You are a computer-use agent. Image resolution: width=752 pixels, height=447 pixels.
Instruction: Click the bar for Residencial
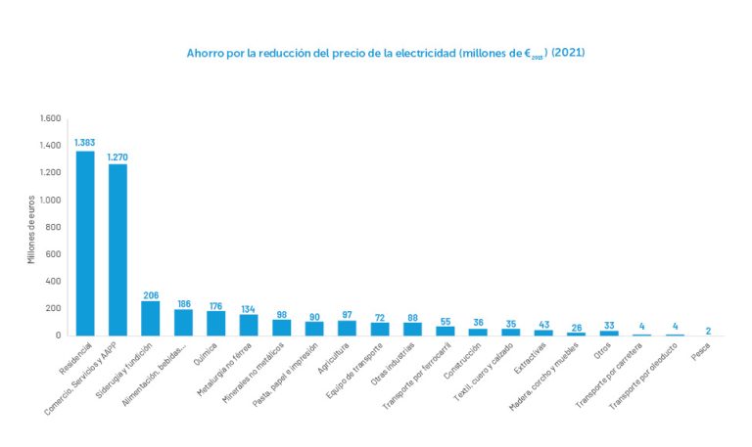click(x=85, y=244)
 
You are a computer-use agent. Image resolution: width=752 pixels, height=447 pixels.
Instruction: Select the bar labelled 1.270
click(x=117, y=249)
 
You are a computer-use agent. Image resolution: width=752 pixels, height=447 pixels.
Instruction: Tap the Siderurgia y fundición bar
click(x=151, y=318)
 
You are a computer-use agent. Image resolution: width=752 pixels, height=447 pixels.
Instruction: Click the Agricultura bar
click(x=347, y=328)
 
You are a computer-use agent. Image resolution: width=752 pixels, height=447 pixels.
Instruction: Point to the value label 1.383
click(x=85, y=143)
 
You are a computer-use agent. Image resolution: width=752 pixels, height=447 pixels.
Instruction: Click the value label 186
click(x=183, y=303)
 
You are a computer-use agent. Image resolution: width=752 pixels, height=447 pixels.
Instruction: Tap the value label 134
click(x=249, y=307)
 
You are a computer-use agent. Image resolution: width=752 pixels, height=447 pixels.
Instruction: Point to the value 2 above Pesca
click(x=707, y=330)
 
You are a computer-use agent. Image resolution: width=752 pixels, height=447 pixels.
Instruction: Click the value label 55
click(x=446, y=321)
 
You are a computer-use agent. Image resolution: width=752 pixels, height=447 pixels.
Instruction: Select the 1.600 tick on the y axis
click(x=50, y=118)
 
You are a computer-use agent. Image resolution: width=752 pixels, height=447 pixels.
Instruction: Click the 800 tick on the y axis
click(x=54, y=227)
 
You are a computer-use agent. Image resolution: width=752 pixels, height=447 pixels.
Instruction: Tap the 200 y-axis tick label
click(x=54, y=308)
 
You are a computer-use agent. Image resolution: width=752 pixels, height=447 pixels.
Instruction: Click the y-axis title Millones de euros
click(x=31, y=227)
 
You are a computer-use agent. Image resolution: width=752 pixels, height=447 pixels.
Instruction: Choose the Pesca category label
click(x=701, y=348)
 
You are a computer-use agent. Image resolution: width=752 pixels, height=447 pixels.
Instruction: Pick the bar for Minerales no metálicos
click(x=282, y=327)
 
